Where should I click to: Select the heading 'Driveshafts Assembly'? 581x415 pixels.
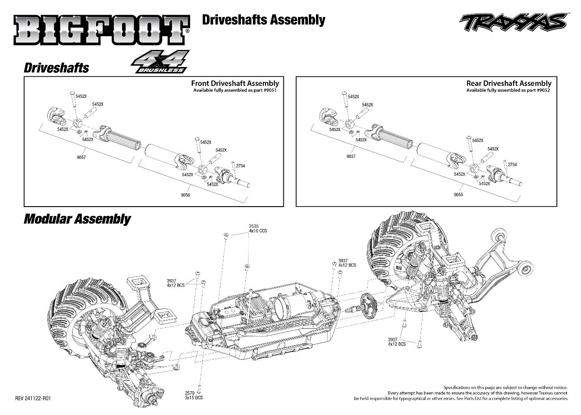(264, 20)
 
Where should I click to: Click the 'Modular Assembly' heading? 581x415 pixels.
(77, 219)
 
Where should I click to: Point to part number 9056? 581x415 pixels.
(185, 195)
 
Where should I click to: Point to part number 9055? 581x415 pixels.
(458, 195)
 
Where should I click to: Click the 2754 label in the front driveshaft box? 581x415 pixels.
(240, 166)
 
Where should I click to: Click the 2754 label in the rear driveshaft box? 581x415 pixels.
(512, 165)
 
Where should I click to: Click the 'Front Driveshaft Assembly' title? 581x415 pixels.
(235, 83)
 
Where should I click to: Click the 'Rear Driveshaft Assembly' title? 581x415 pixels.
(509, 83)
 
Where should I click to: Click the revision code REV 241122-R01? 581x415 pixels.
(33, 398)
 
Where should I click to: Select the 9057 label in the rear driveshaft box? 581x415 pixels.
(351, 157)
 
